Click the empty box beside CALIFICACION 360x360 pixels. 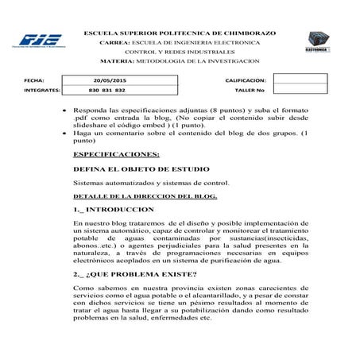tap(300, 81)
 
